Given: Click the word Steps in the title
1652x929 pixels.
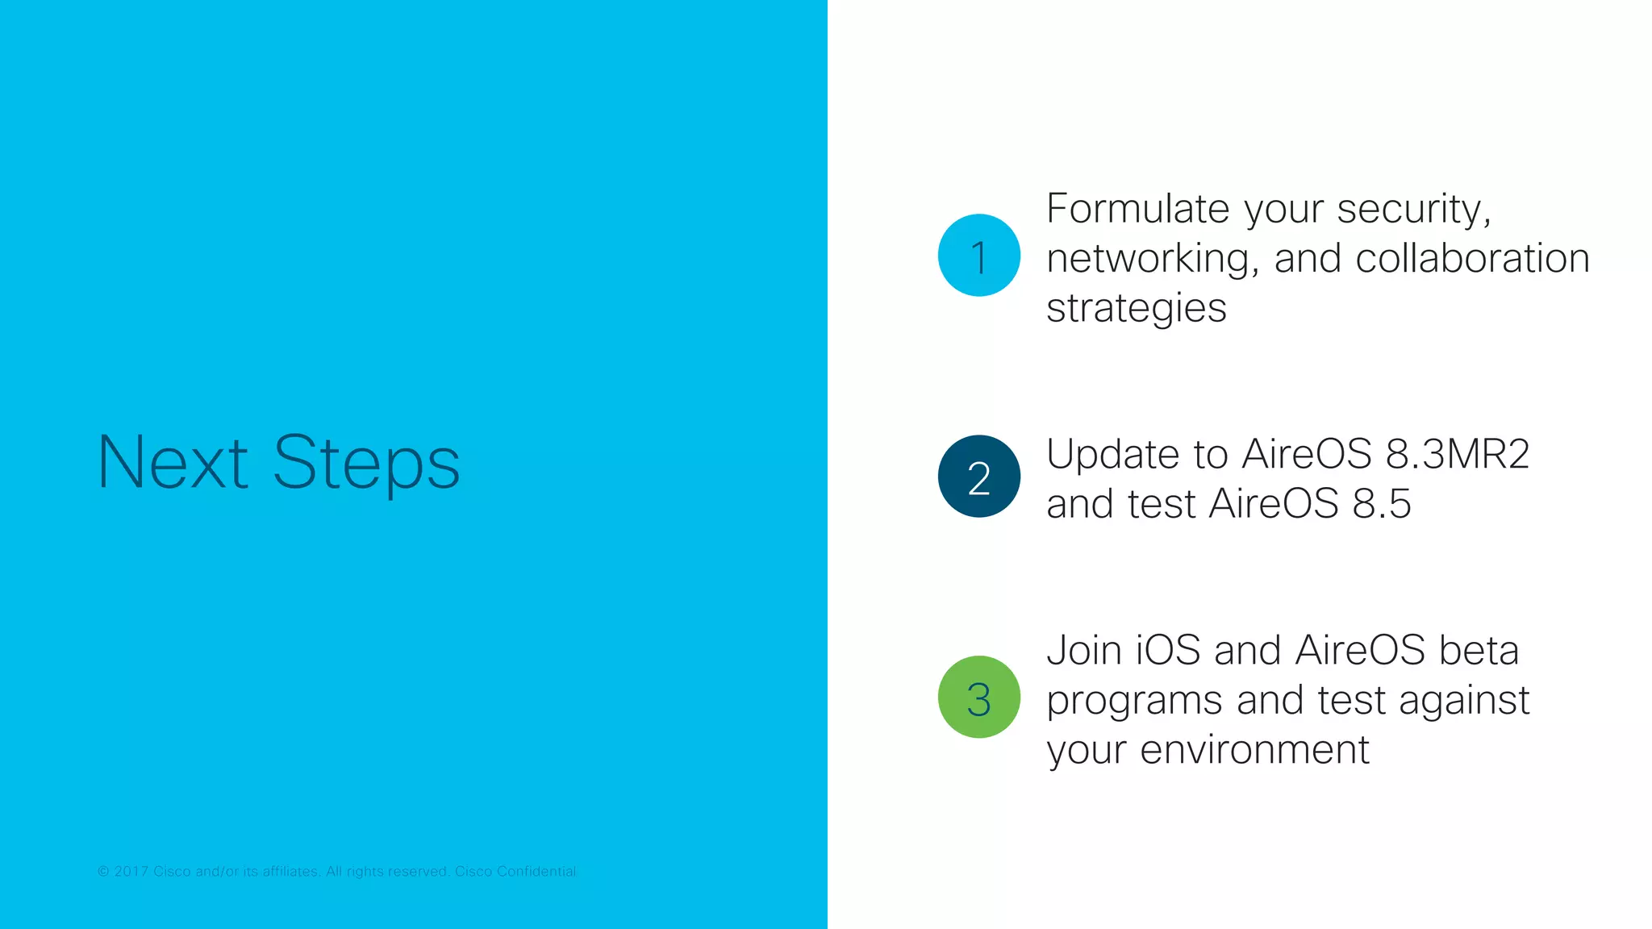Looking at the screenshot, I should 366,464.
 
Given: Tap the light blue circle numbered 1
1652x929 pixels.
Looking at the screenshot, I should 978,256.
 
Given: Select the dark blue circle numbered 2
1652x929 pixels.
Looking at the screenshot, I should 978,477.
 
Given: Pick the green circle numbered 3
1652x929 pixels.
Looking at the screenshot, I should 978,697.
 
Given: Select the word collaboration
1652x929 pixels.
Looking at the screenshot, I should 1472,259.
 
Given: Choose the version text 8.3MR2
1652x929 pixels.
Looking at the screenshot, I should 1457,454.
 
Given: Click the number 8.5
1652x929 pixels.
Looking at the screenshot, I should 1382,504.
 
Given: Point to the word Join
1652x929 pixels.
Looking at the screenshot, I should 1083,651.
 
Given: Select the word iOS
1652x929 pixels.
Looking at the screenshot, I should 1168,651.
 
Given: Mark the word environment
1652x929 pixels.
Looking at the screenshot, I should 1254,750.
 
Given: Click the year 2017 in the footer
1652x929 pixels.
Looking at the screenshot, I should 131,872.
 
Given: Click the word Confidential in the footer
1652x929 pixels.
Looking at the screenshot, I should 536,872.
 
